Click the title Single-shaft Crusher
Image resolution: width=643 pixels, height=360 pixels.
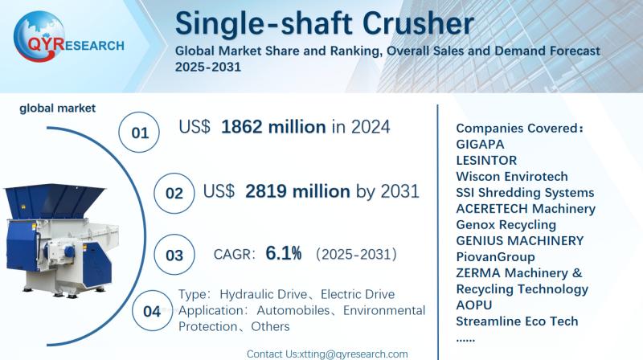325,23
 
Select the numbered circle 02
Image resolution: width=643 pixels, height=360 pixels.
174,193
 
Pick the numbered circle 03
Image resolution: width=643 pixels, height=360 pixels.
174,256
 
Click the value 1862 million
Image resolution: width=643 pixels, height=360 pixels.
273,126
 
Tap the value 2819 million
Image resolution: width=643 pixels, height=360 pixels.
297,191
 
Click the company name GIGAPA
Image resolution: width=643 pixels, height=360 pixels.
479,144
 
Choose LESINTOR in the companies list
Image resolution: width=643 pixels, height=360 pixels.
485,160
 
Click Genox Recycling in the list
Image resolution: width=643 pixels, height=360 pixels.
506,224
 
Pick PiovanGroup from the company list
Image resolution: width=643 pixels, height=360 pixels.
495,256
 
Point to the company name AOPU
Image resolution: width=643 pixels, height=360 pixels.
473,305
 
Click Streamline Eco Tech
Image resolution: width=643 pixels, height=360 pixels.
517,321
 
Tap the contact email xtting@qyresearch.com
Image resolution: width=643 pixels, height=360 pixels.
352,354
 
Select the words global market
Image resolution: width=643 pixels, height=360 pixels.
58,108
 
